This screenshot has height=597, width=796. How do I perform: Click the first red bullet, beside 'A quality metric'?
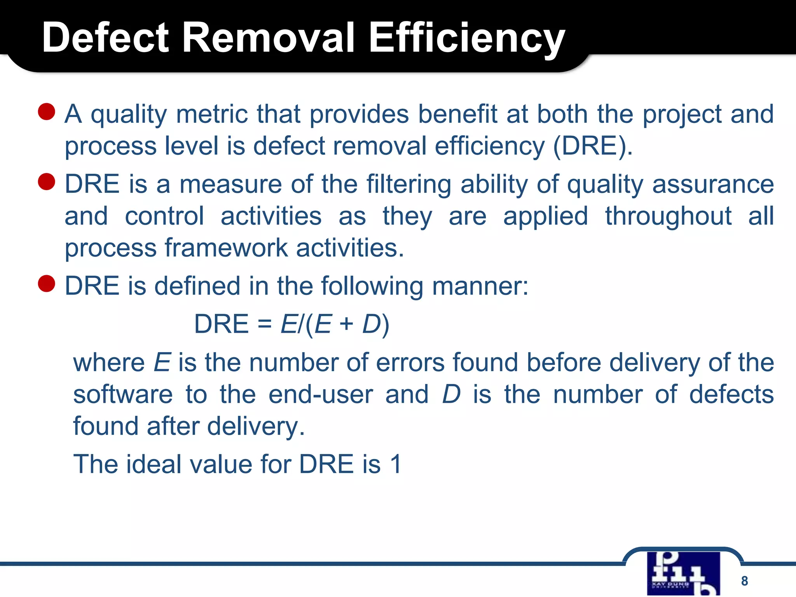(x=47, y=112)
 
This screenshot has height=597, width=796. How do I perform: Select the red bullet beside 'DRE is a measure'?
(x=47, y=182)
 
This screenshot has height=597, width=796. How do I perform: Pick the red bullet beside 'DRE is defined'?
(x=47, y=284)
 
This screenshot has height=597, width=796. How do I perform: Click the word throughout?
(x=668, y=216)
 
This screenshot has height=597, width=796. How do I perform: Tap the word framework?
(x=226, y=248)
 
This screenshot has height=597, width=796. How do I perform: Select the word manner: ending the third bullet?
(x=480, y=286)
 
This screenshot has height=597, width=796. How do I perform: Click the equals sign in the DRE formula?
(x=264, y=324)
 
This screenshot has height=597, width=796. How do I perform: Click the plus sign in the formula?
(x=346, y=324)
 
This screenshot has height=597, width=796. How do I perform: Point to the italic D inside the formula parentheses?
(x=371, y=324)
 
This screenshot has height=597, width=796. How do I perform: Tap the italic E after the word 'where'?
(x=162, y=363)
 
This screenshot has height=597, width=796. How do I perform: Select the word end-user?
(x=321, y=395)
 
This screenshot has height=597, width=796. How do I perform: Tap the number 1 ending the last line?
(x=396, y=464)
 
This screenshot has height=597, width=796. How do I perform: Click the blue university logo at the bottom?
(x=683, y=573)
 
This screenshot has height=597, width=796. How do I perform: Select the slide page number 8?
(x=744, y=581)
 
